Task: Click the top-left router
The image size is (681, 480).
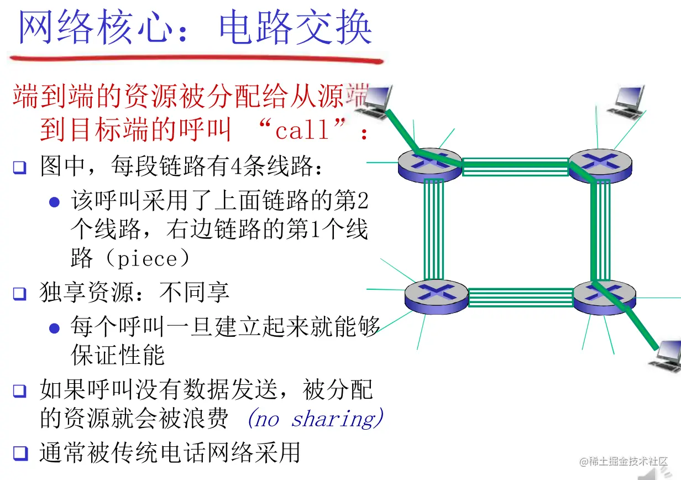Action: click(429, 163)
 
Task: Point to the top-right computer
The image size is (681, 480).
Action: click(626, 101)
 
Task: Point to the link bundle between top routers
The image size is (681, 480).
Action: click(515, 166)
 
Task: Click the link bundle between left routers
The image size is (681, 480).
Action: click(434, 228)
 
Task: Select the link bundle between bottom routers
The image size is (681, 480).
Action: click(520, 297)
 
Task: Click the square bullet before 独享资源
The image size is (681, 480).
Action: click(20, 294)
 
